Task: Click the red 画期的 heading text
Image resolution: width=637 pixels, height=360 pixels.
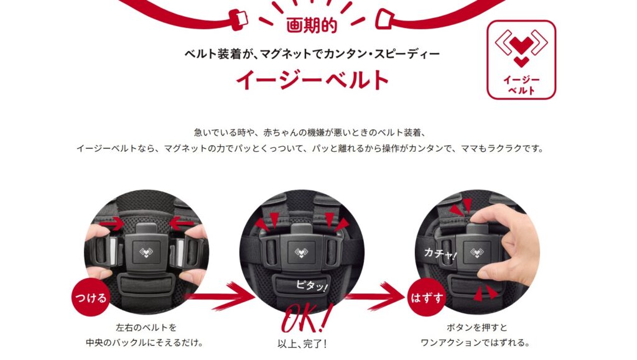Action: (312, 25)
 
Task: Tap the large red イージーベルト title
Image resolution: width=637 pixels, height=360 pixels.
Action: (312, 80)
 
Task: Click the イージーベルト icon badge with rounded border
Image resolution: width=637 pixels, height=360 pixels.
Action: (521, 60)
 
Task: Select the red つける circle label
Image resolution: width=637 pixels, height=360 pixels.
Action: (91, 298)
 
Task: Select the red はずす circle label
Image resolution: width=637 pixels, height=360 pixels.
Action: (427, 298)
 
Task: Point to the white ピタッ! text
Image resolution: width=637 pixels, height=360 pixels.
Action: (311, 285)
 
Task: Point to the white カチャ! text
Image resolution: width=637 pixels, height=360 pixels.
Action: (440, 254)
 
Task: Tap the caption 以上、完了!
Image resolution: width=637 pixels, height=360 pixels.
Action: (302, 344)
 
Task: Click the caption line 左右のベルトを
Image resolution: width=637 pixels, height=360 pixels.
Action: (146, 327)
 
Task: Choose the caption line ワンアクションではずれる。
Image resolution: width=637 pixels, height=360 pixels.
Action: (475, 343)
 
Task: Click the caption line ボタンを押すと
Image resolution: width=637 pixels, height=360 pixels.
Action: (477, 327)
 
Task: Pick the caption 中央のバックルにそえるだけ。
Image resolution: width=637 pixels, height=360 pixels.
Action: (145, 343)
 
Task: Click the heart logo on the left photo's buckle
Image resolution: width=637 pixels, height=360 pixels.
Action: (146, 252)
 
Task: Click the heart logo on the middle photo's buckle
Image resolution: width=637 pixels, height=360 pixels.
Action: (301, 252)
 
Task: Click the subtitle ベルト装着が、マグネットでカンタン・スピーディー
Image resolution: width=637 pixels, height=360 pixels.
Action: (312, 53)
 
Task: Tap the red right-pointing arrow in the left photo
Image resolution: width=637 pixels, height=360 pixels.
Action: (112, 223)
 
